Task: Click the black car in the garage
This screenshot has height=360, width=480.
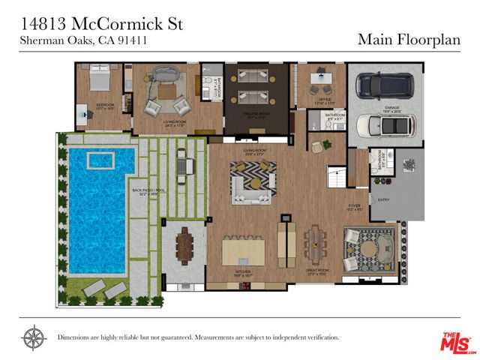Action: click(384, 87)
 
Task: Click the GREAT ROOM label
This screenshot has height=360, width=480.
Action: click(317, 270)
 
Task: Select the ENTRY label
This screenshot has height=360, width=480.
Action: click(384, 200)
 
